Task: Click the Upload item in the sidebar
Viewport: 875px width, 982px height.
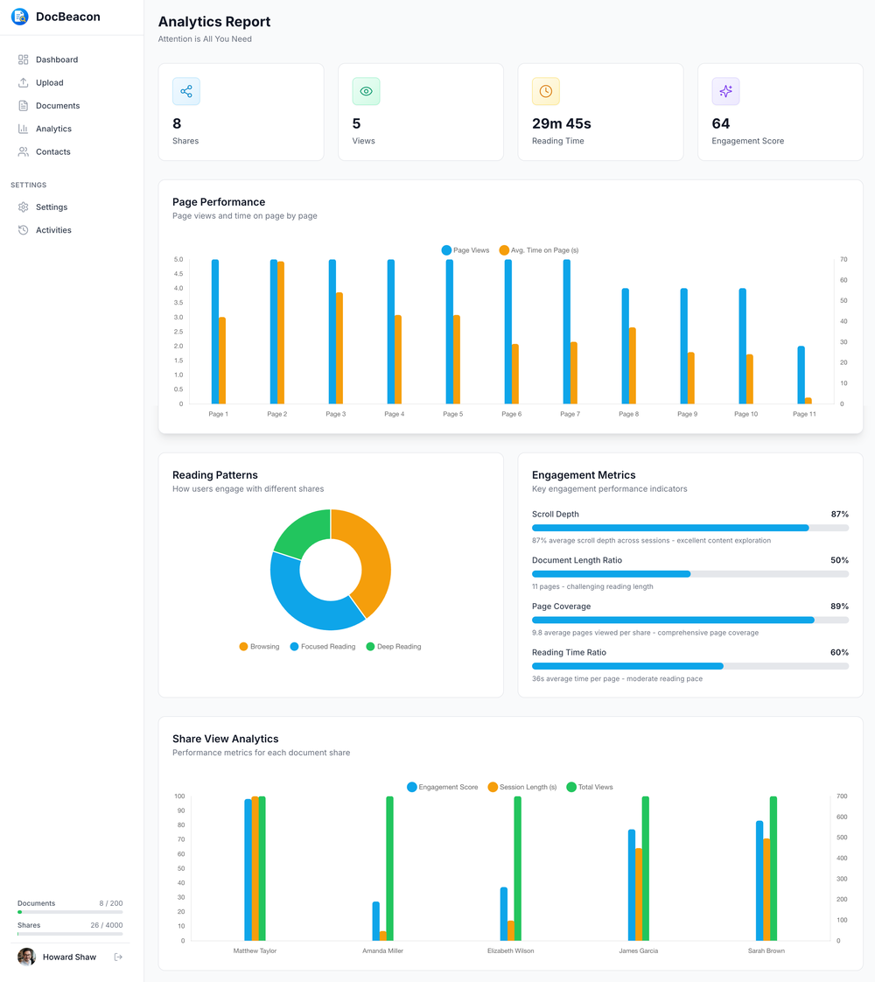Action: [49, 83]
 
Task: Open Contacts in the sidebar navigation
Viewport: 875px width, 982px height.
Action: [52, 152]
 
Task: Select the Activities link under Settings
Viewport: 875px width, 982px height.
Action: [53, 230]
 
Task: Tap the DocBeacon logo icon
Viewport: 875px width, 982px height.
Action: [19, 17]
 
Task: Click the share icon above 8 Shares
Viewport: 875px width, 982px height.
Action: [186, 91]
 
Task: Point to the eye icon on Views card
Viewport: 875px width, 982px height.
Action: [366, 91]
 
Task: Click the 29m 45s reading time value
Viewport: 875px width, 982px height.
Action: [561, 123]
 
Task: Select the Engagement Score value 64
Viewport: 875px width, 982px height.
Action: [720, 123]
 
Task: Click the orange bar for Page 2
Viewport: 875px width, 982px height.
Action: [281, 333]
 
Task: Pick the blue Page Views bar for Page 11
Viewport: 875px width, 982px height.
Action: [801, 375]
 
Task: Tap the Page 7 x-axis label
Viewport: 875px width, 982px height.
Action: [570, 414]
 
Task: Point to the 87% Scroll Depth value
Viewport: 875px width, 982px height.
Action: [839, 515]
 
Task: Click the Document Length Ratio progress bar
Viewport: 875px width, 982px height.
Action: [689, 574]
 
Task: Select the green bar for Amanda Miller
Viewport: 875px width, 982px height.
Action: [389, 868]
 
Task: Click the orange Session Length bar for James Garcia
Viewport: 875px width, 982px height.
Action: [639, 894]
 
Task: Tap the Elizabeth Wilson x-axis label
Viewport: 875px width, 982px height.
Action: [510, 950]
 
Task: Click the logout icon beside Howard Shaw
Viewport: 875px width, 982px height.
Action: [118, 957]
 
